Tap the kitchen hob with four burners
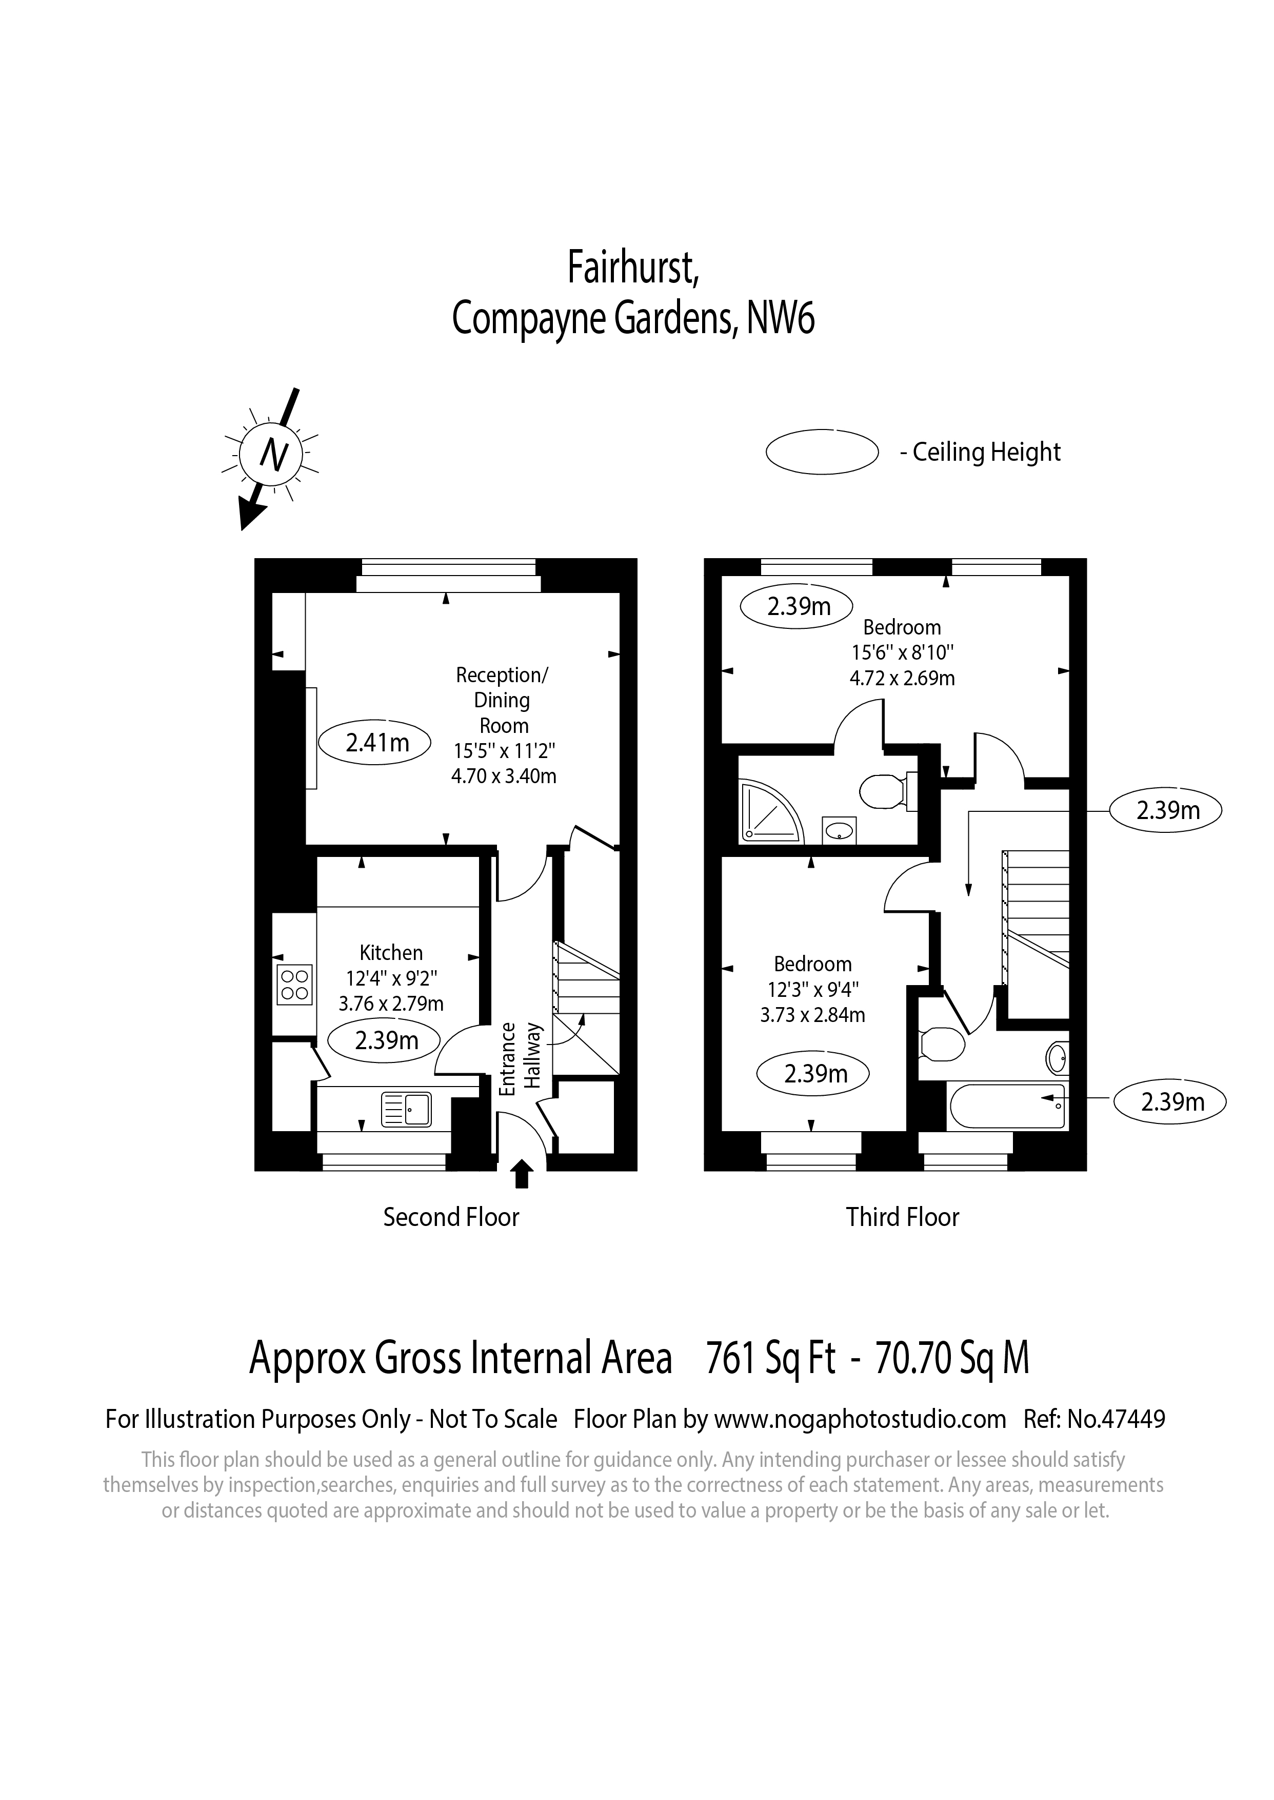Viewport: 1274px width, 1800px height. pos(294,985)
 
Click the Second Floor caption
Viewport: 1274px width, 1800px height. pos(451,1217)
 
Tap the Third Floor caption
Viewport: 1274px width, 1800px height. pos(902,1217)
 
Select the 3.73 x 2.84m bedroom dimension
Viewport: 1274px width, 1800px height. pos(813,1015)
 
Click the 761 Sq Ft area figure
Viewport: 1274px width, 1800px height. pos(770,1359)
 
